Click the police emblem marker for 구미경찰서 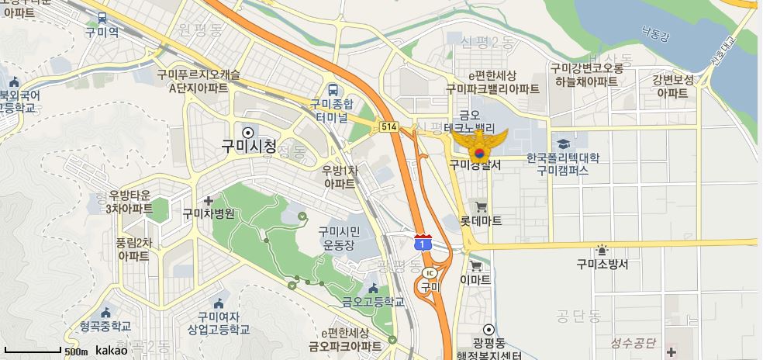[x=479, y=143]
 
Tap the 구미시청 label [x=248, y=146]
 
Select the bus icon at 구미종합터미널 [x=333, y=88]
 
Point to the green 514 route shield [x=388, y=126]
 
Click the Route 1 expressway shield [x=423, y=243]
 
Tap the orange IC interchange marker [x=430, y=273]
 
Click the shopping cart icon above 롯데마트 [x=481, y=206]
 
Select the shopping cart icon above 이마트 [x=475, y=265]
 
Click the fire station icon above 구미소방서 [x=602, y=250]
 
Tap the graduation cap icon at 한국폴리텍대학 [x=563, y=144]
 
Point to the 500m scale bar [x=31, y=351]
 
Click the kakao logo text [x=112, y=351]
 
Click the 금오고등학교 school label [x=373, y=302]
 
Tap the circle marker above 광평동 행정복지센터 [x=489, y=329]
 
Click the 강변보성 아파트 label [x=672, y=85]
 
